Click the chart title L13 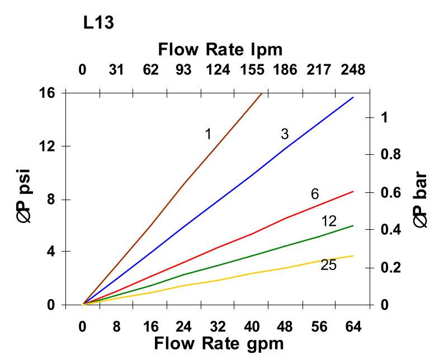pyautogui.click(x=99, y=23)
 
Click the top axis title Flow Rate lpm pyautogui.click(x=220, y=49)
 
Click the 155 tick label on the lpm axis pyautogui.click(x=252, y=70)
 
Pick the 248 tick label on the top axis pyautogui.click(x=352, y=70)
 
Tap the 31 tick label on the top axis pyautogui.click(x=116, y=70)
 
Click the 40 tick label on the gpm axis pyautogui.click(x=252, y=326)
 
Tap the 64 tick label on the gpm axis pyautogui.click(x=353, y=326)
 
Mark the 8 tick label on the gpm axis pyautogui.click(x=116, y=326)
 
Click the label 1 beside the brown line pyautogui.click(x=207, y=134)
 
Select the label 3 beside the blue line pyautogui.click(x=285, y=134)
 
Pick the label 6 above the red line pyautogui.click(x=315, y=194)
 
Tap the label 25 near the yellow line pyautogui.click(x=328, y=265)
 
